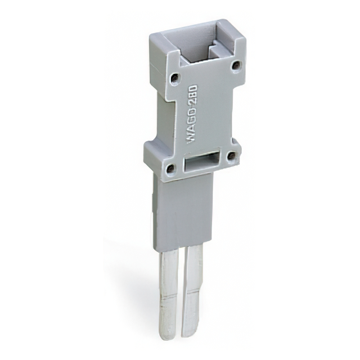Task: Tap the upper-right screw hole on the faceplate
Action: point(235,65)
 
